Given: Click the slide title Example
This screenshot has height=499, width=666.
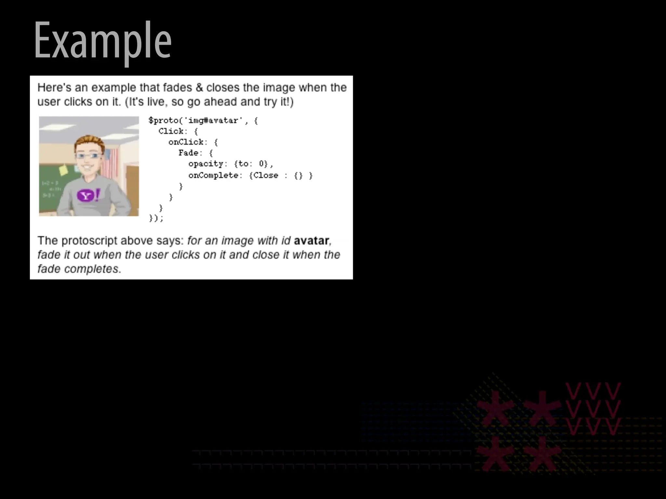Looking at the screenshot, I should click(102, 41).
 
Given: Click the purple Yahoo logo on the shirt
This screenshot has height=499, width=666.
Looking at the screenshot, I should click(86, 196).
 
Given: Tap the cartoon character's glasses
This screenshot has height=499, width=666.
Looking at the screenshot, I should click(89, 156).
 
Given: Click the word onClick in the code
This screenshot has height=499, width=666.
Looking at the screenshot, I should click(186, 142).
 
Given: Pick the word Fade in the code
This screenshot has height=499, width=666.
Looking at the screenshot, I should click(188, 153).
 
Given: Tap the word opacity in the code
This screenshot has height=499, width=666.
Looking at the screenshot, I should click(206, 164).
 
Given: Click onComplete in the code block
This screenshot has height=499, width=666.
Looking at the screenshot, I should click(213, 175).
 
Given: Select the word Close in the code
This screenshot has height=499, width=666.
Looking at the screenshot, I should click(266, 175).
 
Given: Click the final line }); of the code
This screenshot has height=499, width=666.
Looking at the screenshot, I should click(156, 218).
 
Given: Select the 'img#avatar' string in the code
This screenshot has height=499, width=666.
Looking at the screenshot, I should click(213, 121).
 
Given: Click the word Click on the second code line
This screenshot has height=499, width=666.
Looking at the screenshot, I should click(171, 131).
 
